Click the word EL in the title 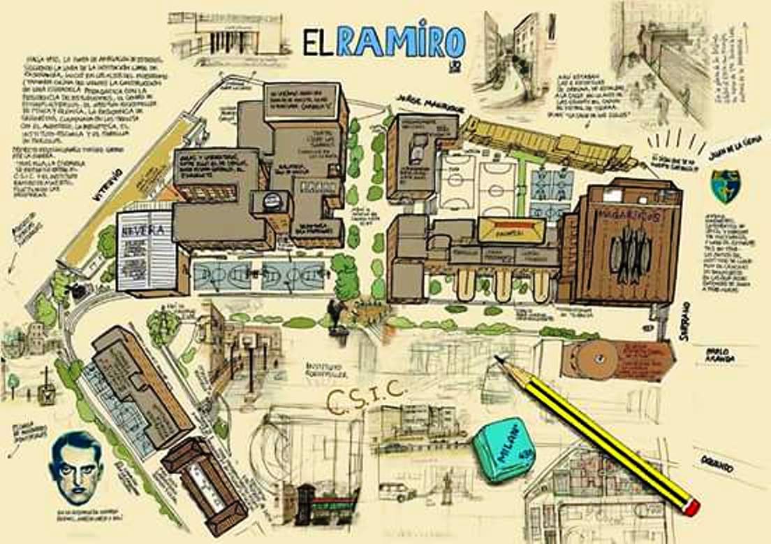click(x=318, y=43)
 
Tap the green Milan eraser click(x=500, y=449)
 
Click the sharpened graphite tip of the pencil click(x=498, y=359)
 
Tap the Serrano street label click(x=685, y=322)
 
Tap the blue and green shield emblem click(x=724, y=187)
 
